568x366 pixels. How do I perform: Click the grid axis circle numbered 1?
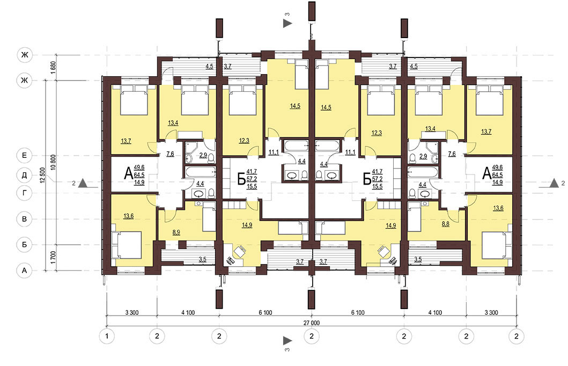coord(107,336)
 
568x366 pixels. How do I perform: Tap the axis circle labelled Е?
coord(24,156)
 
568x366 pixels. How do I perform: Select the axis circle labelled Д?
coord(24,175)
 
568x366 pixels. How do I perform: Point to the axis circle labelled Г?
coord(24,193)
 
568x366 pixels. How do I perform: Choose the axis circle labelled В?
coord(24,219)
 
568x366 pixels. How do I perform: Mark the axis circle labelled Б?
coord(24,245)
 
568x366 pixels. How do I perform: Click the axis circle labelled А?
coord(24,270)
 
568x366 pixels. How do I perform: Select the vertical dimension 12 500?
coord(43,175)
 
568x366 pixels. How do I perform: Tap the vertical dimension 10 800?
coord(53,163)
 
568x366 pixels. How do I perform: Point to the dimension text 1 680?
coord(53,68)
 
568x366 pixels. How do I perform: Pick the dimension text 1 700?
coord(53,257)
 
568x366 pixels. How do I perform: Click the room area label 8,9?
coord(176,233)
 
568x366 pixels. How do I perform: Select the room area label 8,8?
coord(446,224)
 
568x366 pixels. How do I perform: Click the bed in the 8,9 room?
coord(209,217)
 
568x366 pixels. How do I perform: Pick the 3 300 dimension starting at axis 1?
coord(131,312)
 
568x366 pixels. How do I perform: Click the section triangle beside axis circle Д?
coord(83,183)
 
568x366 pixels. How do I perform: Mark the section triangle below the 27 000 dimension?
coord(287,341)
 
